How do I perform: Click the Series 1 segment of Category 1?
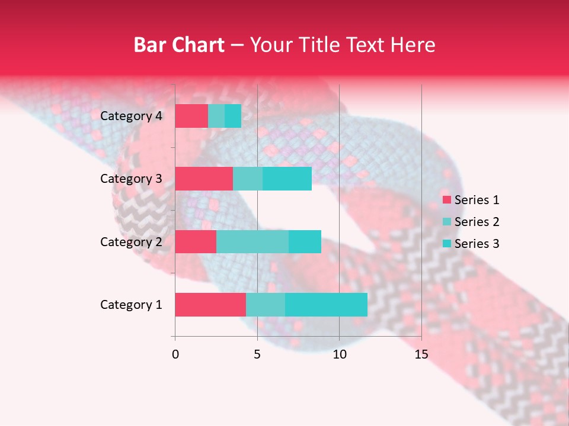[x=210, y=305]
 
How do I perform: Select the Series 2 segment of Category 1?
[x=266, y=305]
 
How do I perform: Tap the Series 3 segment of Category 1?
[x=326, y=305]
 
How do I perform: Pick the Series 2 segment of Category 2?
[x=252, y=241]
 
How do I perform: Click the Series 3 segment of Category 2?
[x=305, y=241]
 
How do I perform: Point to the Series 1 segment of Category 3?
[x=204, y=179]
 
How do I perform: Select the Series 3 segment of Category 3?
[x=287, y=179]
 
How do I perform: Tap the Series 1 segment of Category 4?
[x=191, y=116]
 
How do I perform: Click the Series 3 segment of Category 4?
[x=233, y=116]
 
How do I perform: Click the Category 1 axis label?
[x=131, y=305]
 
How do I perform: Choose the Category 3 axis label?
[x=131, y=179]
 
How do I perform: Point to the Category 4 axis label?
[x=131, y=116]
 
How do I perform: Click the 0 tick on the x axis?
[x=175, y=354]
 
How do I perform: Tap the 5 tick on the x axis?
[x=257, y=354]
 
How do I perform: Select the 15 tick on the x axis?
[x=421, y=354]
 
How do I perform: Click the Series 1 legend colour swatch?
[x=447, y=200]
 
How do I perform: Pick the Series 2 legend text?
[x=477, y=222]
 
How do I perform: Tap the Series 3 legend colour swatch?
[x=447, y=244]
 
